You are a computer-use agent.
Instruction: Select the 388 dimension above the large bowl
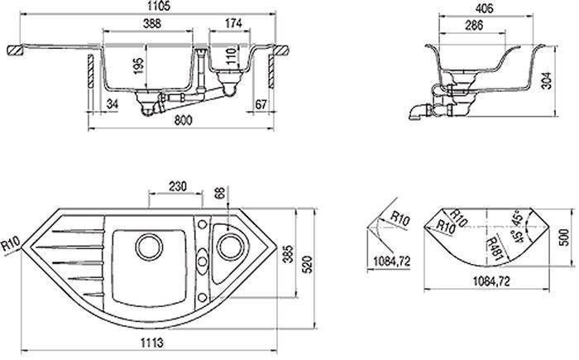[151, 23]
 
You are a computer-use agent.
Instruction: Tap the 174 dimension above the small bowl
[233, 23]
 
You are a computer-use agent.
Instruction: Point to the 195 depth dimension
[138, 65]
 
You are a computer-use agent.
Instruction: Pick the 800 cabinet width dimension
[183, 121]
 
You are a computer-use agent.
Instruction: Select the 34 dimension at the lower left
[112, 103]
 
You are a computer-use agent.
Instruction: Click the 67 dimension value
[261, 104]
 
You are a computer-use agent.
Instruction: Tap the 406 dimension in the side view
[483, 8]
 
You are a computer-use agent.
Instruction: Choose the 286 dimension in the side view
[474, 25]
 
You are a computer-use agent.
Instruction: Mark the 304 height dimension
[548, 80]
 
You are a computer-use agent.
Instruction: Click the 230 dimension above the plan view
[178, 186]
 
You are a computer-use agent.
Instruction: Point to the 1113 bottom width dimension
[151, 343]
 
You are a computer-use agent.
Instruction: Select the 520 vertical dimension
[307, 264]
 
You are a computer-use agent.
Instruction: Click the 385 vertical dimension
[289, 254]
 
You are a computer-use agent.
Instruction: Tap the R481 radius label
[494, 249]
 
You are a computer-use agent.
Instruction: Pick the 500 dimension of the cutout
[564, 238]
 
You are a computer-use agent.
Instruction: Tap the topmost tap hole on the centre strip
[203, 224]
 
